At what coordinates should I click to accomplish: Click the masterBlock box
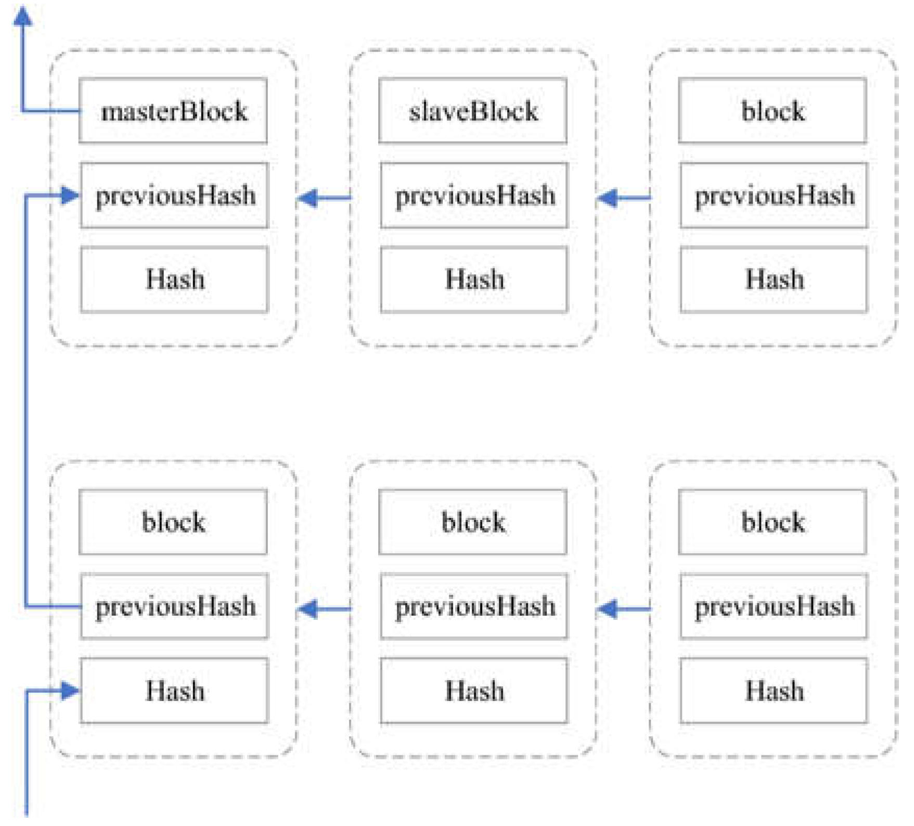173,111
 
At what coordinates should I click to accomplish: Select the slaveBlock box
472,111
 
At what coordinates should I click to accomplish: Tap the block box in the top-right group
773,111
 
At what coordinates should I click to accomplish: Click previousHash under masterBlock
174,196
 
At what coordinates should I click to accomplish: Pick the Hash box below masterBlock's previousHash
174,279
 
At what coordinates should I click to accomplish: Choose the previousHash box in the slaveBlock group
474,196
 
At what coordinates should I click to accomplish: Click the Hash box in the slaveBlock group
474,279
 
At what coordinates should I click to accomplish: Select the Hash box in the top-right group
774,279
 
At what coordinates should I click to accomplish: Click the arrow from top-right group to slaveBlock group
623,198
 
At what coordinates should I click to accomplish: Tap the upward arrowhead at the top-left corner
22,16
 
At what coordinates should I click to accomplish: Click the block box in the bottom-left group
173,522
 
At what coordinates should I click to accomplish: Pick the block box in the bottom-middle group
472,522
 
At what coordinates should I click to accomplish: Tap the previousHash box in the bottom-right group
774,606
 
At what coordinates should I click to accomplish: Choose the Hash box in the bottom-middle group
474,691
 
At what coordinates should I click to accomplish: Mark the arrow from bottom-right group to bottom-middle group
623,608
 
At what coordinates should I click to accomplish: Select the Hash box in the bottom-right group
774,691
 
